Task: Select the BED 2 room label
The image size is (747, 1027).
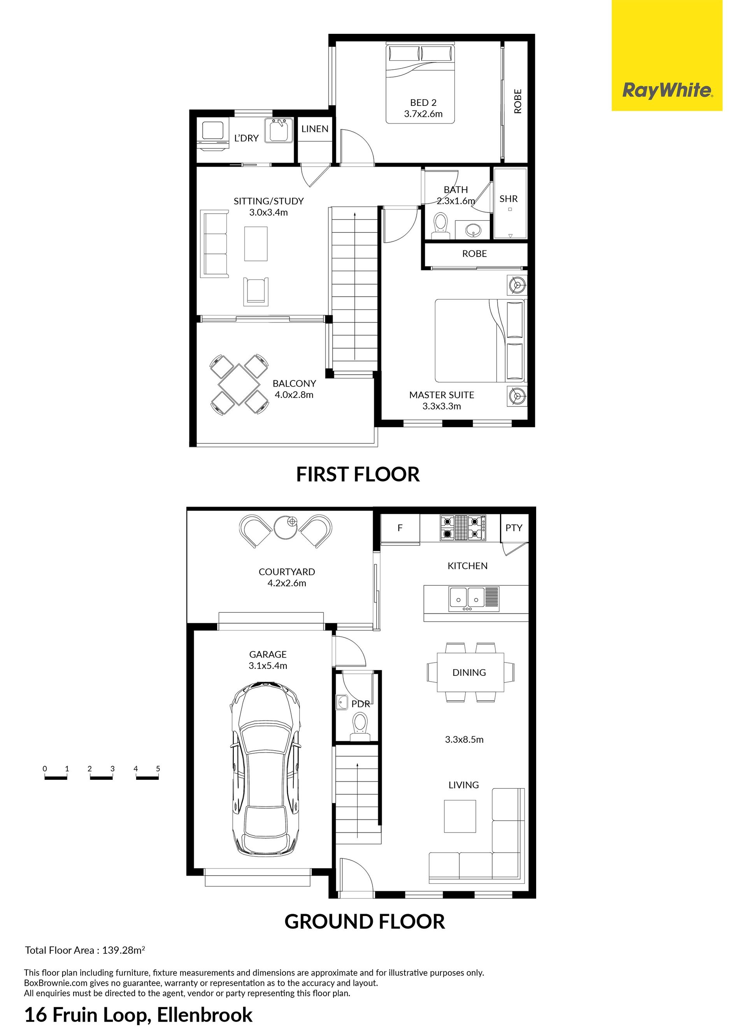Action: coord(423,103)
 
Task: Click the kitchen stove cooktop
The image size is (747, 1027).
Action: coord(463,528)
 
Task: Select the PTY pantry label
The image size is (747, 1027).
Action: coord(514,528)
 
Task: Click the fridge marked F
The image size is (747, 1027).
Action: coord(400,528)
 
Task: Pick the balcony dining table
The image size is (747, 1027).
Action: coord(239,385)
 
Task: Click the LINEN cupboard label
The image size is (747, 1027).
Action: coord(315,128)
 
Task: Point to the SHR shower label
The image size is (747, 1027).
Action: coord(509,199)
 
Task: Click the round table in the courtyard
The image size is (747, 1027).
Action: coord(286,527)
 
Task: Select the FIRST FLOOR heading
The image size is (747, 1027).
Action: coord(358,474)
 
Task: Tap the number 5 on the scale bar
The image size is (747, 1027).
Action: coord(158,768)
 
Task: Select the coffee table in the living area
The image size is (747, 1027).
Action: coord(460,816)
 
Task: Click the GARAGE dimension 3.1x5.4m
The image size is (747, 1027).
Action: coord(268,666)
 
